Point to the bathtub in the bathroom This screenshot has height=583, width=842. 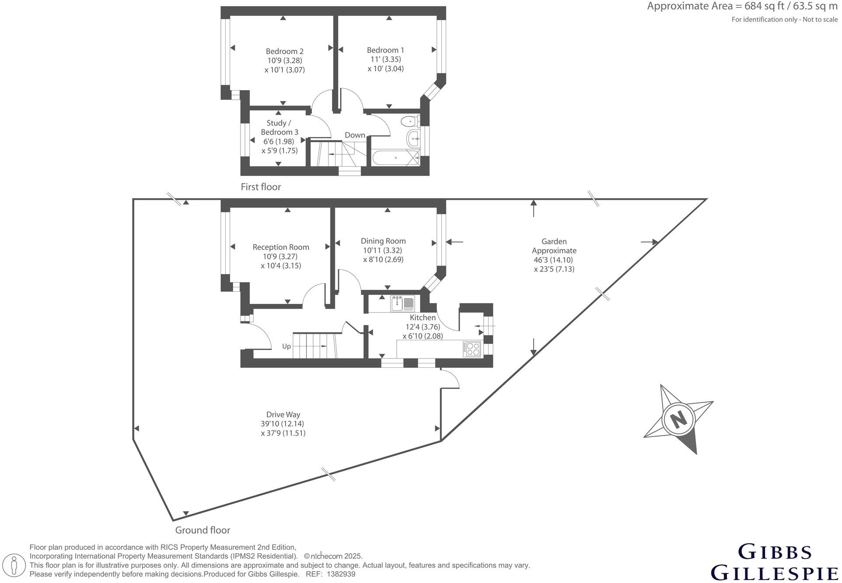(x=396, y=158)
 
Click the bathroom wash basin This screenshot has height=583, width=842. (x=413, y=139)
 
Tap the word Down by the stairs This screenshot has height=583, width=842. (x=355, y=135)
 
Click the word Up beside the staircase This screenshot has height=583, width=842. (x=286, y=346)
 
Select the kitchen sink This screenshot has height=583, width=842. (x=403, y=304)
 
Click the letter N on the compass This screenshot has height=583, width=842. (x=679, y=420)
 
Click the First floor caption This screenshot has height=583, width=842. (x=261, y=187)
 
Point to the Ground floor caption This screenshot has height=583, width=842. (x=203, y=531)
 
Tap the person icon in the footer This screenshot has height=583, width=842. (x=14, y=565)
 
